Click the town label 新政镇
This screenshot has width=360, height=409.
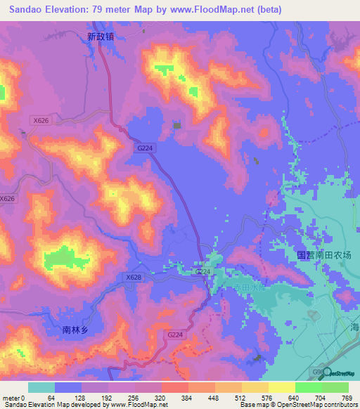pos(101,37)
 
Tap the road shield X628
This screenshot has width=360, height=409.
pos(134,278)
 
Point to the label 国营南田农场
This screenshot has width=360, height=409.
pos(323,255)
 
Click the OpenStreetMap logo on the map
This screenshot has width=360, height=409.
pos(337,373)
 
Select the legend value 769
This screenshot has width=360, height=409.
pos(347,397)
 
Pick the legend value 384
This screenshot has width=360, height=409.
pos(188,397)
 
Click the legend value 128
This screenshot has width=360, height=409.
pos(82,397)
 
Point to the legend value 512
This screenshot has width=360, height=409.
pos(241,397)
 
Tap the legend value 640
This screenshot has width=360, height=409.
pos(294,397)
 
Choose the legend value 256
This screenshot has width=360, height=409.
pos(134,397)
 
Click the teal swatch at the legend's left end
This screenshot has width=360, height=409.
pos(41,387)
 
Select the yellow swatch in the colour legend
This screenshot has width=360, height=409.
pos(281,387)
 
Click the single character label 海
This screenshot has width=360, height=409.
pos(354,327)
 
